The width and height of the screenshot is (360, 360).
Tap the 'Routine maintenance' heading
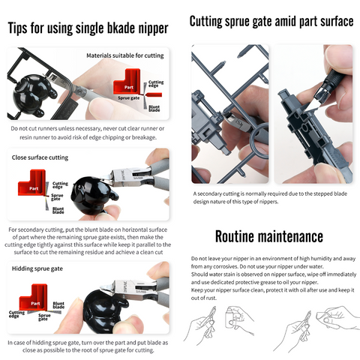tap(269, 236)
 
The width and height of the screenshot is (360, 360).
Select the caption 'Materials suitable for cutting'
tap(125, 55)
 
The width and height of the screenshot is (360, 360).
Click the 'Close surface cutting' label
tap(40, 157)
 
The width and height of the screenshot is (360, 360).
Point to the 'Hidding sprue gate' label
tap(37, 268)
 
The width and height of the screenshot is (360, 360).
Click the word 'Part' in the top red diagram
tap(129, 87)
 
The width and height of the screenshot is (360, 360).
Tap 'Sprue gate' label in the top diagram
tap(128, 98)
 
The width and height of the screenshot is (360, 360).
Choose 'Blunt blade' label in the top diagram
tap(154, 108)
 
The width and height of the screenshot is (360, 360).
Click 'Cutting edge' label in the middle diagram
tap(60, 185)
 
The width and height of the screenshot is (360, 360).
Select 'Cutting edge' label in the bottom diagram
tap(16, 314)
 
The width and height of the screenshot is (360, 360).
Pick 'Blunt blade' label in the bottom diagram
tap(58, 305)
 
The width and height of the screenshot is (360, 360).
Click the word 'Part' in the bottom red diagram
tap(35, 304)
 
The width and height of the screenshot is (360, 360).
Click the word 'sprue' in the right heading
tap(238, 22)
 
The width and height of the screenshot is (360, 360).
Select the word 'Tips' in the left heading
tap(17, 28)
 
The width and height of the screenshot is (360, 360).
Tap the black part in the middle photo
tap(91, 196)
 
